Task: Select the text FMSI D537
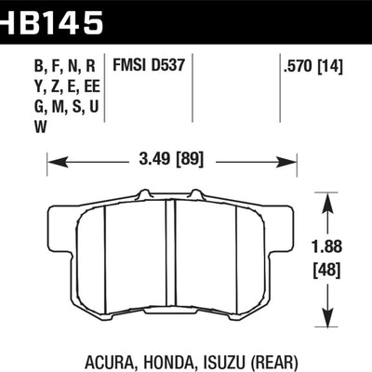point(153,66)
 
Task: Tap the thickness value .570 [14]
point(312,66)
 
